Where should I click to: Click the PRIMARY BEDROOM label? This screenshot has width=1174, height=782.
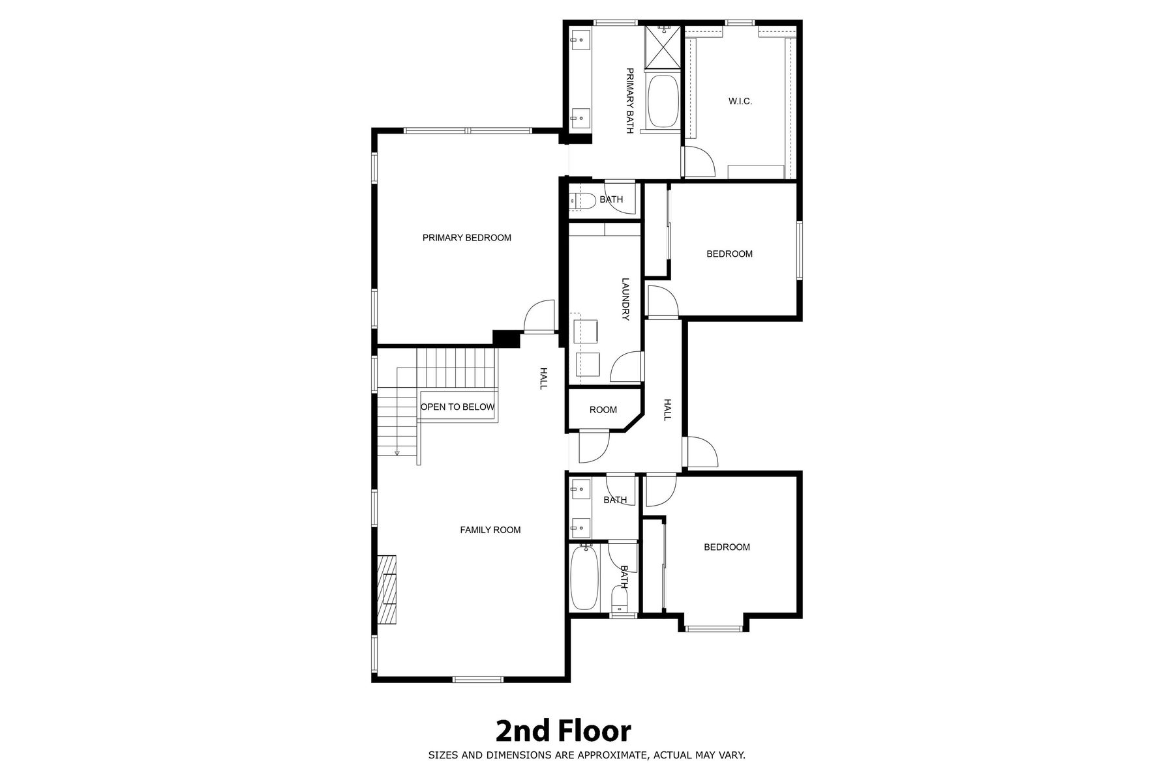466,238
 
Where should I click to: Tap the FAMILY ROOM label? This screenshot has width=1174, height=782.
490,530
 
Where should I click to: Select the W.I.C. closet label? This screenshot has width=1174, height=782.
740,101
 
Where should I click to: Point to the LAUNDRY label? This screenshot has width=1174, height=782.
625,300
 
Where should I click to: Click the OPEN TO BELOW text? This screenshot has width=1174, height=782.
457,407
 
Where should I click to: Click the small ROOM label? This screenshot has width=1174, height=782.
603,410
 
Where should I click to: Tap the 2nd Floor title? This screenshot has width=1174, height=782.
564,731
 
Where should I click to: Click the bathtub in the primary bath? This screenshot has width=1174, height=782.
663,101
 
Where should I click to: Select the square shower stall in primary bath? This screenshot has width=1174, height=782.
663,46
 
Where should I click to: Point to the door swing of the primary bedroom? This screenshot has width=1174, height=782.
539,317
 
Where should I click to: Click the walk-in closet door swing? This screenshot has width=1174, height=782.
699,161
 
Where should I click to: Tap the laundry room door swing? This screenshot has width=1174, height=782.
626,366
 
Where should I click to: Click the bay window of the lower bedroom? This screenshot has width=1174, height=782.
714,628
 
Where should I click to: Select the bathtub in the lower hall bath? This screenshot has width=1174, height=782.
585,578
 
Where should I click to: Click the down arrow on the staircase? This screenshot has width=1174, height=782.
397,452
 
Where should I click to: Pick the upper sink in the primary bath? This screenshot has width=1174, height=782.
580,40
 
